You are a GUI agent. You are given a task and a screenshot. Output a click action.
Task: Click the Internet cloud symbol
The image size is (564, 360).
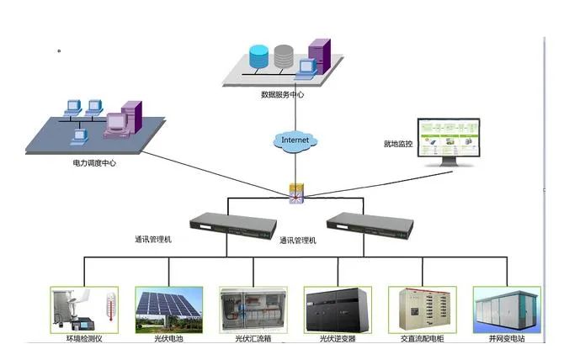click(295, 139)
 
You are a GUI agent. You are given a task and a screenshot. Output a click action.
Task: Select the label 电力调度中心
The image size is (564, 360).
click(94, 163)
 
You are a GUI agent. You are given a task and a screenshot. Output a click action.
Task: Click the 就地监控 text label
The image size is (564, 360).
click(398, 144)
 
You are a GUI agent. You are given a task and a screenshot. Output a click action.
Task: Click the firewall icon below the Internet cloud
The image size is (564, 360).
click(295, 193)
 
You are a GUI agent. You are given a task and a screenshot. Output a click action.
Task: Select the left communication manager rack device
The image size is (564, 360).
click(231, 223)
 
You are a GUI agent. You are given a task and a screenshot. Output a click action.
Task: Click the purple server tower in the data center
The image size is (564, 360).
click(319, 55)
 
